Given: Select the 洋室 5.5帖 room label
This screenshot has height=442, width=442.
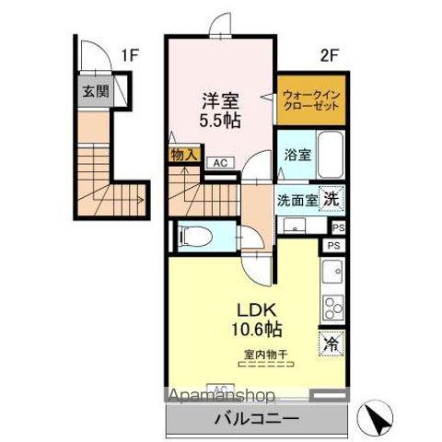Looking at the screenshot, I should [221, 109].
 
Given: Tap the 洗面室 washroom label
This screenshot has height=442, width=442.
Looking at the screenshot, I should [298, 200].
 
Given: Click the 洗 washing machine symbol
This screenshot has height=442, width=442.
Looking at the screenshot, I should [332, 196].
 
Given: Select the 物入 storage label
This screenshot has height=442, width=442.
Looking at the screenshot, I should [183, 155].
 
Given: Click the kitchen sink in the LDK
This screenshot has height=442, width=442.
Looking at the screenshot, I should [331, 273].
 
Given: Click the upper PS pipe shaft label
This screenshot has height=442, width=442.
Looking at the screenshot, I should [339, 227].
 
